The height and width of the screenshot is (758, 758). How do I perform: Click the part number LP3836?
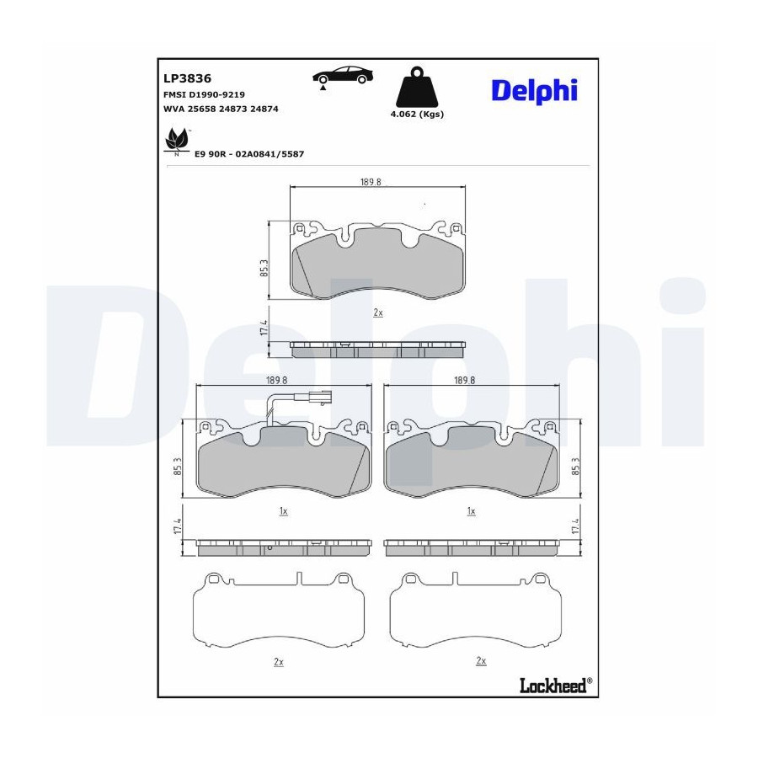pyautogui.click(x=188, y=78)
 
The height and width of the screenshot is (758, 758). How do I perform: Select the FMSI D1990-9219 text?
pyautogui.click(x=204, y=94)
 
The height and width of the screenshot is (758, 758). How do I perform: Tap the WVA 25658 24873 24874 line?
pyautogui.click(x=221, y=109)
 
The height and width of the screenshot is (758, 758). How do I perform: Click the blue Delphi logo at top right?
pyautogui.click(x=534, y=91)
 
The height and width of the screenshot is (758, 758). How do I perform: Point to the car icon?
pyautogui.click(x=343, y=77)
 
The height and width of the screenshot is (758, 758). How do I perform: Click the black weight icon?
pyautogui.click(x=417, y=87)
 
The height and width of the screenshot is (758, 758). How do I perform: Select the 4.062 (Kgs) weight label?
pyautogui.click(x=417, y=115)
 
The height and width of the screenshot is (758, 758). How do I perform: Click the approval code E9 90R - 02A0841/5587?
pyautogui.click(x=249, y=154)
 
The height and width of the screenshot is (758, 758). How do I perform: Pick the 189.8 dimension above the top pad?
pyautogui.click(x=371, y=182)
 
